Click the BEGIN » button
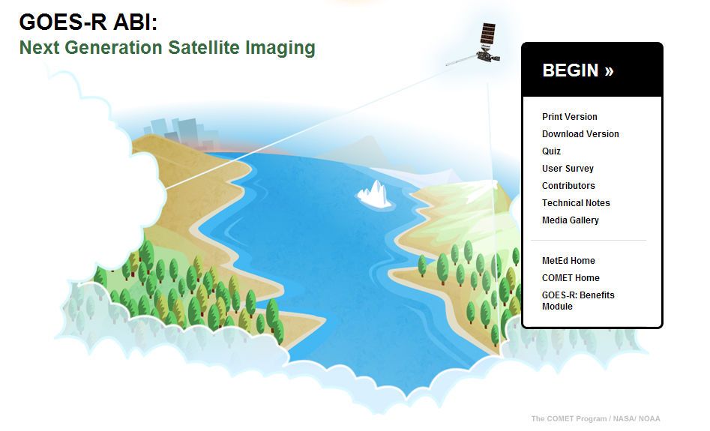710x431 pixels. pyautogui.click(x=577, y=70)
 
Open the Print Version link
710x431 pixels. pyautogui.click(x=569, y=117)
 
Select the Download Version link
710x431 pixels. pyautogui.click(x=580, y=134)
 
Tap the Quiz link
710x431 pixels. pyautogui.click(x=551, y=151)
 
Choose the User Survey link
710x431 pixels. pyautogui.click(x=568, y=169)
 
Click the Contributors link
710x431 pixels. pyautogui.click(x=568, y=186)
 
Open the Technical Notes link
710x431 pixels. pyautogui.click(x=576, y=203)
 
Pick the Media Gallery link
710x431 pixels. pyautogui.click(x=570, y=220)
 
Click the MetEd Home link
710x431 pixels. pyautogui.click(x=568, y=261)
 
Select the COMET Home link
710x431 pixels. pyautogui.click(x=571, y=278)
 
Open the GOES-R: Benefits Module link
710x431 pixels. pyautogui.click(x=577, y=301)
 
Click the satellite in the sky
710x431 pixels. pyautogui.click(x=480, y=49)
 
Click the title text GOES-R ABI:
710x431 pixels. pyautogui.click(x=88, y=22)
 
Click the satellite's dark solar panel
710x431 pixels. pyautogui.click(x=488, y=34)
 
